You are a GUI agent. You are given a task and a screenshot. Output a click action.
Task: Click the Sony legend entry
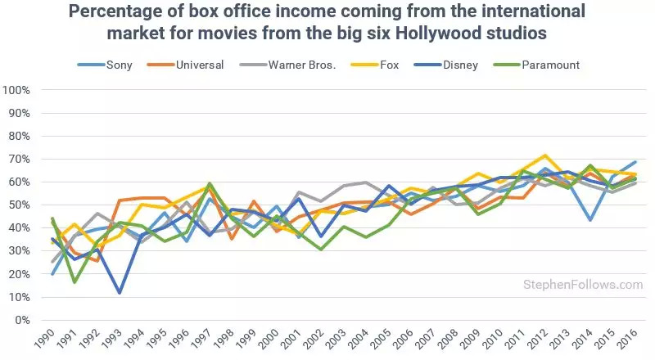pyautogui.click(x=118, y=65)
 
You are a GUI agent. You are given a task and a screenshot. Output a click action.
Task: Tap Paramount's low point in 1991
pyautogui.click(x=75, y=282)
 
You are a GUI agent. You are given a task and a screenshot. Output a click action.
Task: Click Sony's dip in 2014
pyautogui.click(x=589, y=220)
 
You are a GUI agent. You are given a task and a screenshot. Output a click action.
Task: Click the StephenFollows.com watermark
pyautogui.click(x=583, y=285)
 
